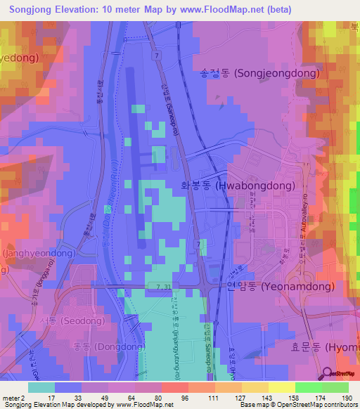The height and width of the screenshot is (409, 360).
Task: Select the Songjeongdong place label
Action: pyautogui.click(x=259, y=72)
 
